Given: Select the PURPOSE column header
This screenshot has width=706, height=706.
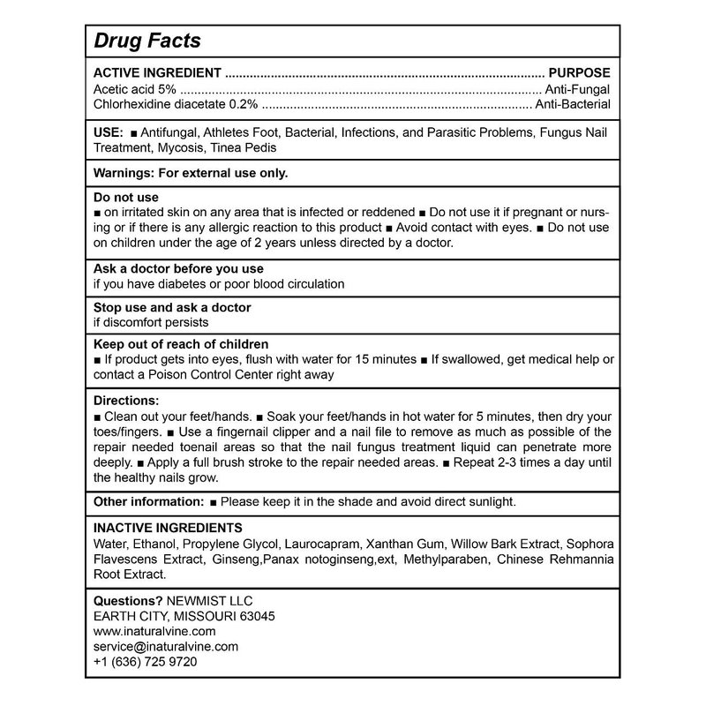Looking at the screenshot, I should [580, 73].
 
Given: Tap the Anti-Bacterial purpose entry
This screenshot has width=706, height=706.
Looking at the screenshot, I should [572, 105].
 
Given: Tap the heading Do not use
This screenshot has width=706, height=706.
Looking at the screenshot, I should [126, 197].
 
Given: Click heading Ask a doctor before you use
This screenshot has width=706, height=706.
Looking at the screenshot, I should [178, 268].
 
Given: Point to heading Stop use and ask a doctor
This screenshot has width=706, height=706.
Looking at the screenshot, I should [172, 307].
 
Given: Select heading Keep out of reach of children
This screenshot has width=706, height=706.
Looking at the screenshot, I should [181, 344].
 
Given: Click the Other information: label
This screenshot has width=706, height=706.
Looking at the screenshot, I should [149, 501].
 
